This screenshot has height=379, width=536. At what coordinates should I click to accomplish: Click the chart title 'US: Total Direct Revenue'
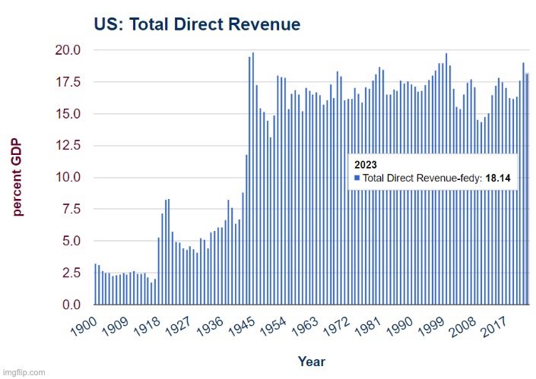tap(196, 24)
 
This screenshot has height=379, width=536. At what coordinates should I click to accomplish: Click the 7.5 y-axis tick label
tap(68, 210)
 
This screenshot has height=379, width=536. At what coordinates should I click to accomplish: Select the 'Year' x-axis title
tap(311, 362)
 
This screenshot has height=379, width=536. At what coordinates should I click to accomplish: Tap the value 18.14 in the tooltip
tap(498, 178)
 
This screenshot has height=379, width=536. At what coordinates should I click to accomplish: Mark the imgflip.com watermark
tap(23, 373)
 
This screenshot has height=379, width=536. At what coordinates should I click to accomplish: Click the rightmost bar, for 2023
tap(527, 189)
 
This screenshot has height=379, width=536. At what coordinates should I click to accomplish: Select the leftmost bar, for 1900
tap(95, 284)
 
